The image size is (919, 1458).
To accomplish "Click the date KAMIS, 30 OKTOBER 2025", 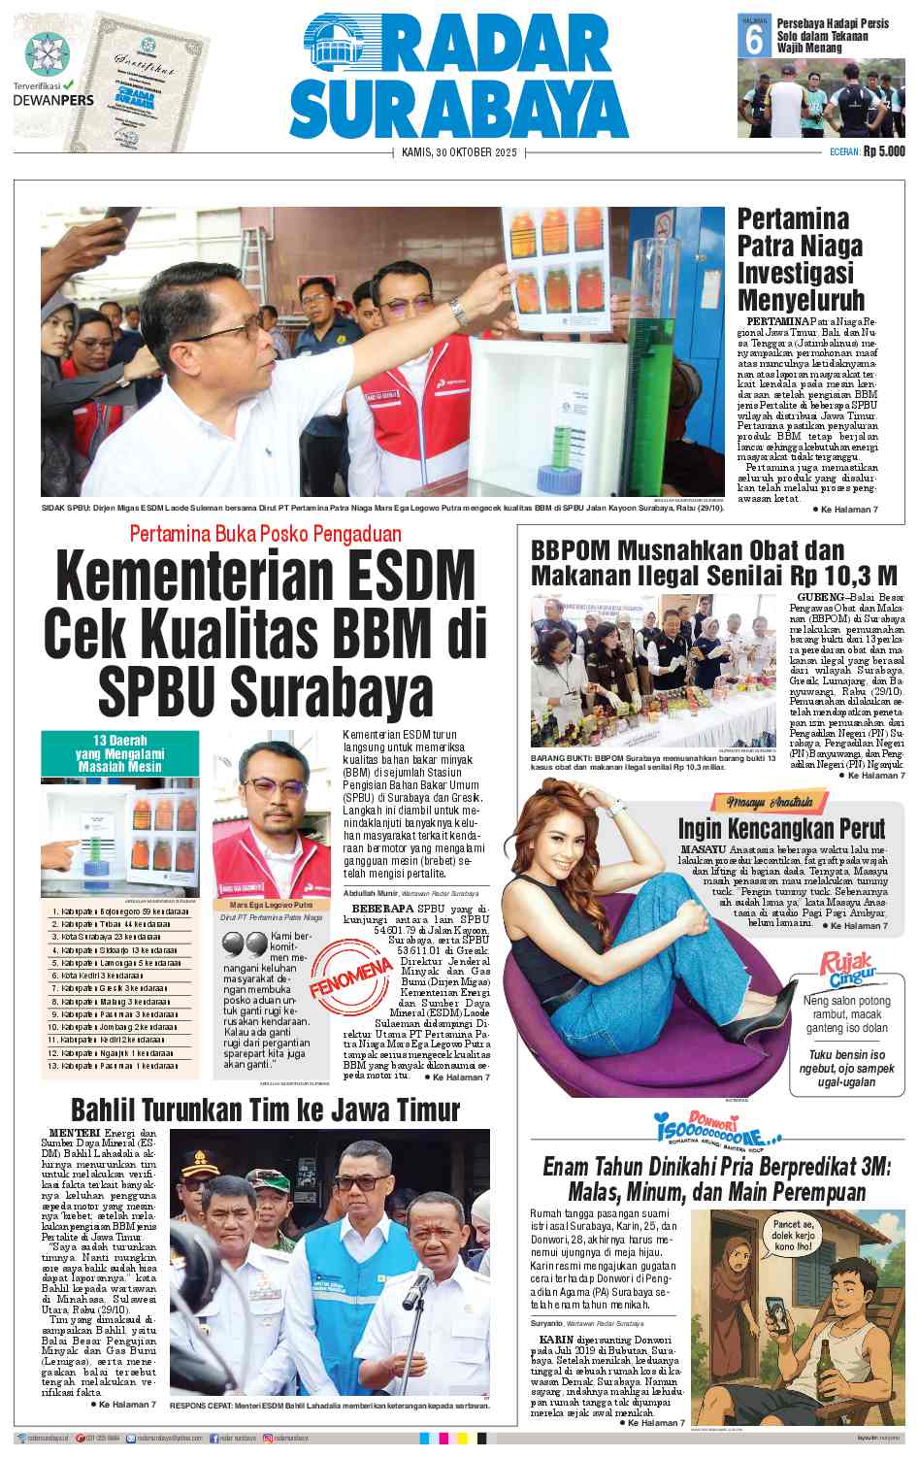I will point(460,152).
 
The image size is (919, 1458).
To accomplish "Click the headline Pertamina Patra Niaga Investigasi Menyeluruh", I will point(800,258).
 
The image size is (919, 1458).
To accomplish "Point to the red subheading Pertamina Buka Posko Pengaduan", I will point(265,533).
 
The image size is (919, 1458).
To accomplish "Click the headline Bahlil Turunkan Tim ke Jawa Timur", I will point(265,1109).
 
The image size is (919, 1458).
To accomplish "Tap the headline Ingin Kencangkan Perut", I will point(781,828).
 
